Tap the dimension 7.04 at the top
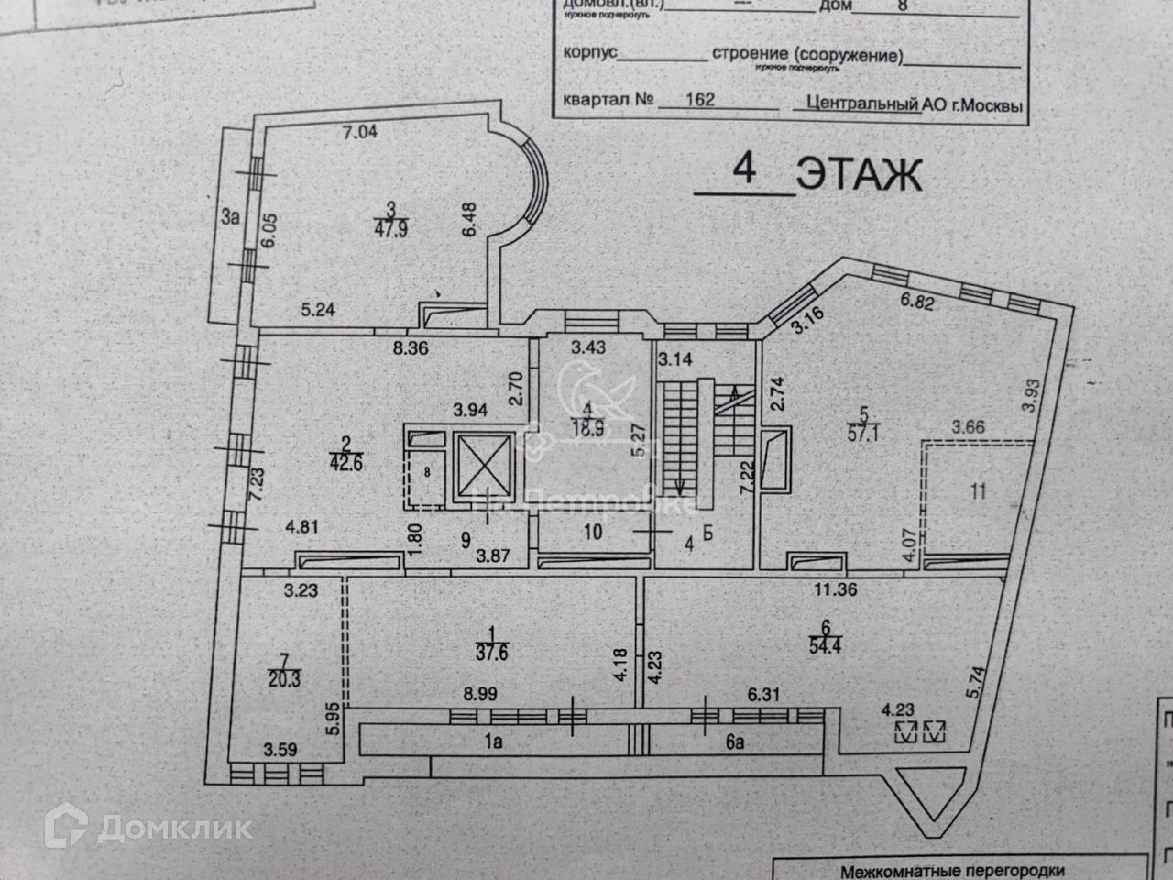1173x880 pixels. pyautogui.click(x=359, y=131)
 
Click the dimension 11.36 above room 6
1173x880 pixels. pyautogui.click(x=835, y=589)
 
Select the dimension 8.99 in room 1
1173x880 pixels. pyautogui.click(x=480, y=695)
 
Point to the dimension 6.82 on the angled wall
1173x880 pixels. pyautogui.click(x=917, y=300)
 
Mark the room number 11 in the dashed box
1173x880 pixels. pyautogui.click(x=978, y=491)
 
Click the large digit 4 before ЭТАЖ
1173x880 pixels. pyautogui.click(x=743, y=170)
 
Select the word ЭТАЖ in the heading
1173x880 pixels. pyautogui.click(x=859, y=174)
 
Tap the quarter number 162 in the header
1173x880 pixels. pyautogui.click(x=699, y=99)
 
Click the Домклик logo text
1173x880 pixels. pyautogui.click(x=174, y=829)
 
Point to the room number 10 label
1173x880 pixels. pyautogui.click(x=593, y=531)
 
